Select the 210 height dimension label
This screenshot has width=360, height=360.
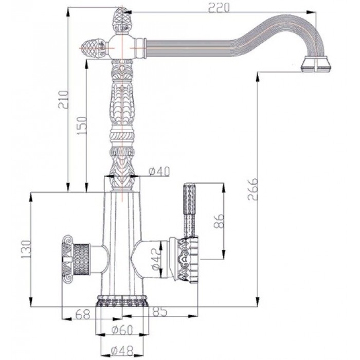tap(62, 103)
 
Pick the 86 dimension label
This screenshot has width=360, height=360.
tap(218, 222)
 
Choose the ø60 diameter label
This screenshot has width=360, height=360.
tap(122, 330)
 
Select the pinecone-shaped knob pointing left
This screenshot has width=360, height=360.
tap(95, 47)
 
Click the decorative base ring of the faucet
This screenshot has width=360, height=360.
tap(122, 300)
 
